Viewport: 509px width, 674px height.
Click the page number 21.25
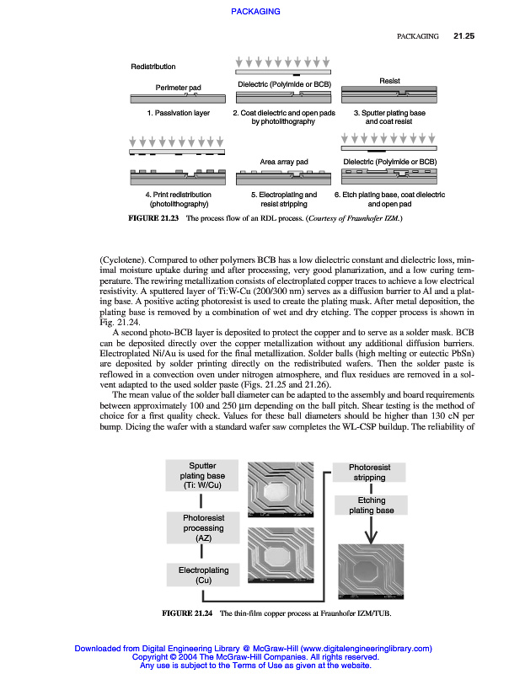click(464, 36)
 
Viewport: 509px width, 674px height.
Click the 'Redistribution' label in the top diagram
click(153, 67)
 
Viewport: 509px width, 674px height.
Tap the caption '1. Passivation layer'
click(178, 113)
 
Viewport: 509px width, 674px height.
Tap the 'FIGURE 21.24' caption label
click(191, 612)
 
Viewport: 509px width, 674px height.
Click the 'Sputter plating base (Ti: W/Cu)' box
click(202, 475)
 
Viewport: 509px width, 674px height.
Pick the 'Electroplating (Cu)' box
click(202, 575)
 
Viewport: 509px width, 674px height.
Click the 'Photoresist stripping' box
click(369, 472)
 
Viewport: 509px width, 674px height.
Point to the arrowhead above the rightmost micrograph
click(371, 537)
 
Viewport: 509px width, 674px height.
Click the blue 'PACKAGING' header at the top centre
click(254, 11)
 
